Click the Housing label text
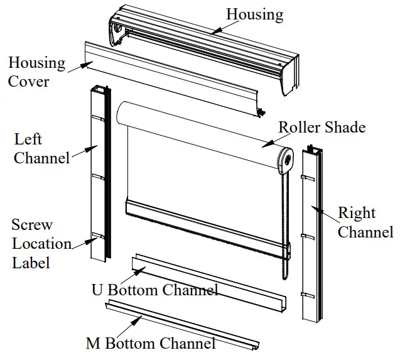pyautogui.click(x=254, y=13)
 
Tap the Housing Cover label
pyautogui.click(x=36, y=72)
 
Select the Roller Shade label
pyautogui.click(x=322, y=127)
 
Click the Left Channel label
pyautogui.click(x=41, y=148)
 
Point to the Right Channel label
pyautogui.click(x=365, y=222)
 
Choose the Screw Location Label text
pyautogui.click(x=41, y=243)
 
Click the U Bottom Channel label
pyautogui.click(x=154, y=290)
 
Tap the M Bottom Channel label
pyautogui.click(x=150, y=343)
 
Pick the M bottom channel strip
pyautogui.click(x=182, y=325)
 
